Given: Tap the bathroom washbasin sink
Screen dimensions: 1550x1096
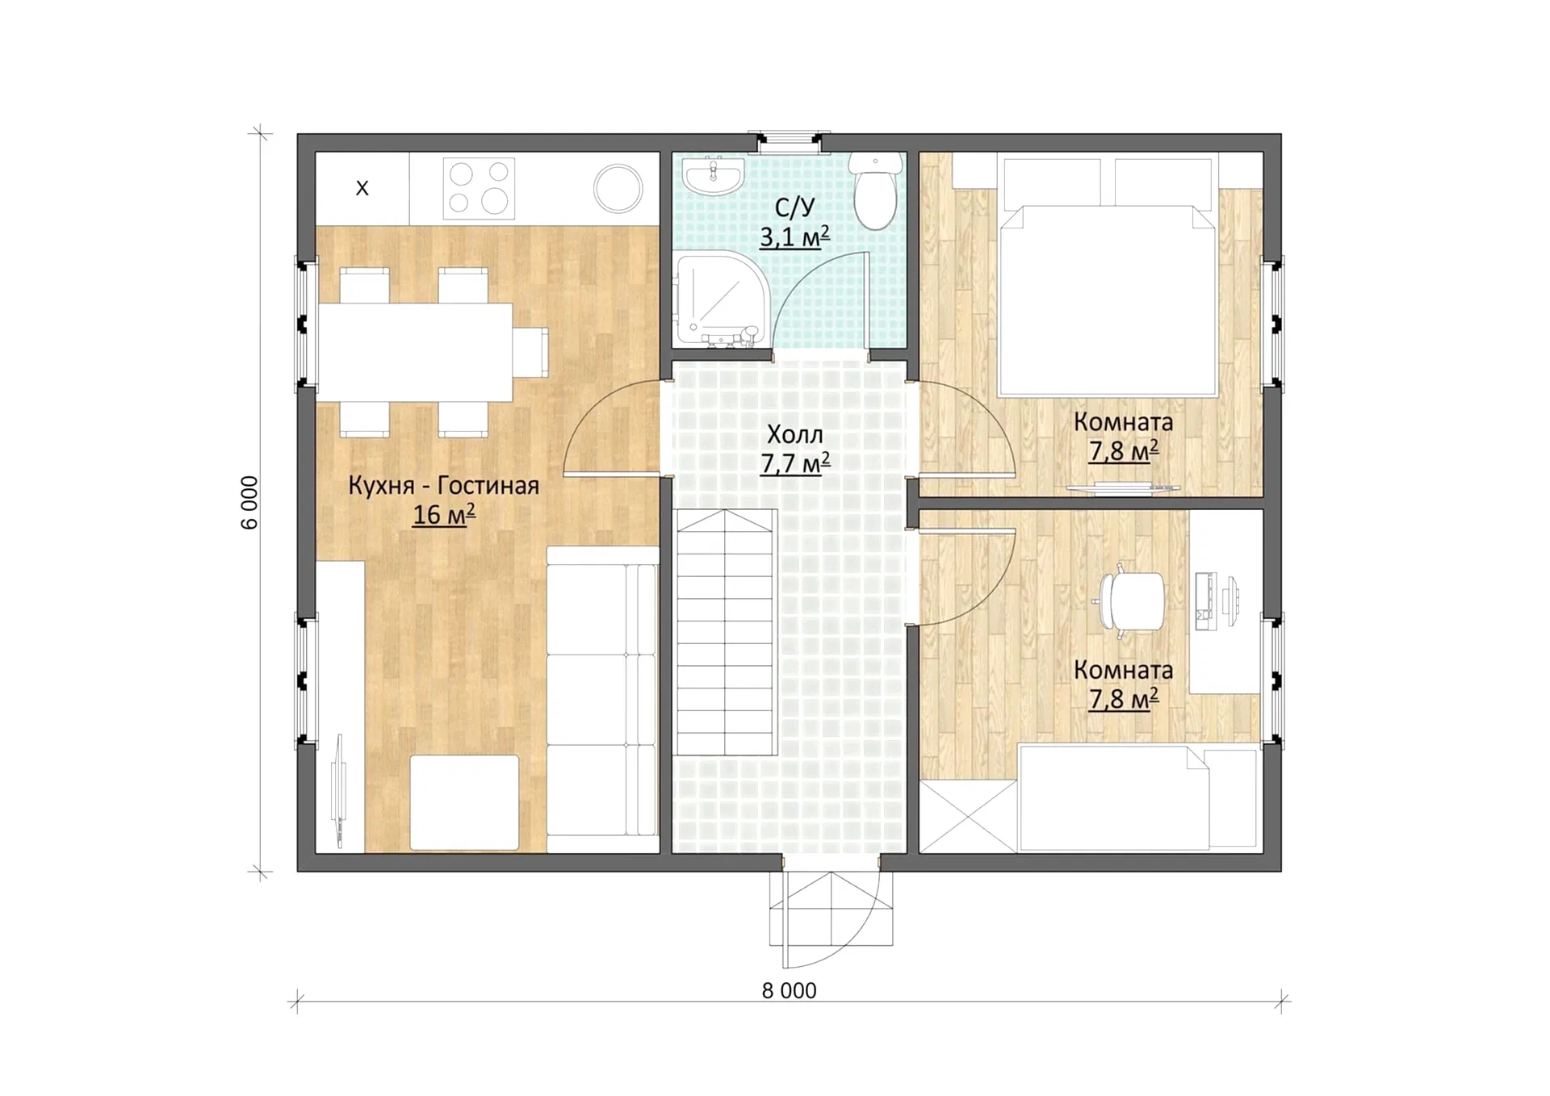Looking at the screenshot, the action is point(713,175).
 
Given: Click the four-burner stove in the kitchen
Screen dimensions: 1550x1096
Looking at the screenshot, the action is point(479,188).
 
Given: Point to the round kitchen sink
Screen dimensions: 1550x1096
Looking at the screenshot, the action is point(618,188).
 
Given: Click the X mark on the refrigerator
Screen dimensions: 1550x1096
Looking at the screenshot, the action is point(362,188).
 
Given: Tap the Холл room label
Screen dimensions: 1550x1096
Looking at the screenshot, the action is point(795,434).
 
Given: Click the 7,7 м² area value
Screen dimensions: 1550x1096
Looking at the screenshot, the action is point(795,463).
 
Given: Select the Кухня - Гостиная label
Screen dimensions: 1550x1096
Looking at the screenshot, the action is point(443,485).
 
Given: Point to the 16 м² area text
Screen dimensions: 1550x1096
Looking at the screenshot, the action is point(443,514).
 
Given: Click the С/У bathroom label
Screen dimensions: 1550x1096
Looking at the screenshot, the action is point(794,207).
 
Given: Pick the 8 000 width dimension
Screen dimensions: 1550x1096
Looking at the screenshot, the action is point(790,990).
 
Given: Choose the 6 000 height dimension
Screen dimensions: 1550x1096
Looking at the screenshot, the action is point(249,502).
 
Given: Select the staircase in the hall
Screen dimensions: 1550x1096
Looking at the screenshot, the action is point(727,633).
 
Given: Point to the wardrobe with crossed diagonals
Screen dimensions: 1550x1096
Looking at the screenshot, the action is point(968,816).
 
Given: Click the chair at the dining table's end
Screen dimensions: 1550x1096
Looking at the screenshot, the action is point(530,352).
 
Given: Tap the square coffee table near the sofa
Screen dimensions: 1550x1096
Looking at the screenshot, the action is point(464,802).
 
